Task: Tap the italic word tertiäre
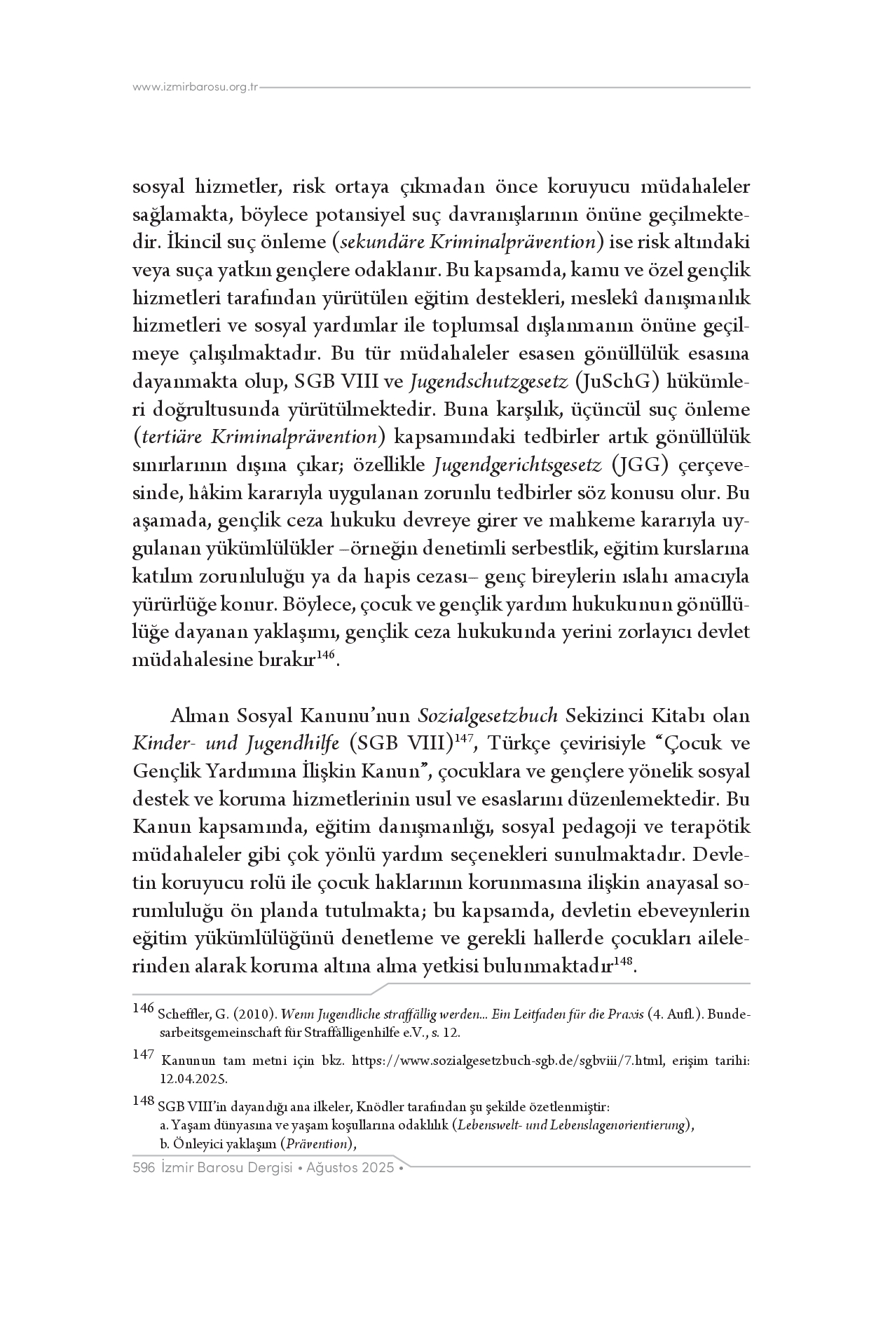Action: click(x=175, y=437)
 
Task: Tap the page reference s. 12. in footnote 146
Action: click(x=445, y=1033)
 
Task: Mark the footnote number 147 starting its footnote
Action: click(x=143, y=1055)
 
